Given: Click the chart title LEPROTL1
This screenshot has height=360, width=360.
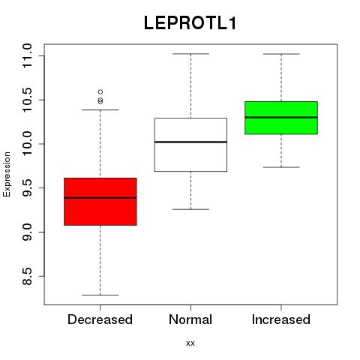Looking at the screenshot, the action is coord(190,23).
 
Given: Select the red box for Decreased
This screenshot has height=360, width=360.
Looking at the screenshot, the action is coord(100,202).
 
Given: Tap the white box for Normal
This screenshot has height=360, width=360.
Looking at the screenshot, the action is coord(190,145).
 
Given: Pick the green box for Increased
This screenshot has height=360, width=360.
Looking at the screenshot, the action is coord(281,118).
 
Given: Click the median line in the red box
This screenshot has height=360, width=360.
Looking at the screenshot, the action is coord(100,198).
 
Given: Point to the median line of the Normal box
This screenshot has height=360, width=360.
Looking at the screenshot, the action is coord(190,142).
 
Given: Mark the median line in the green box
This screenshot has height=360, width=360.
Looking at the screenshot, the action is coord(281,117).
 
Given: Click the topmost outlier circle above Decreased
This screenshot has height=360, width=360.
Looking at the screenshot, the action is coord(100,91).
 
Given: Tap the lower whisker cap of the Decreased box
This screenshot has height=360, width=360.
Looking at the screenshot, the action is coord(100,295).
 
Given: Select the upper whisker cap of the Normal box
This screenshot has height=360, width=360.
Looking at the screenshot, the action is coord(190,54).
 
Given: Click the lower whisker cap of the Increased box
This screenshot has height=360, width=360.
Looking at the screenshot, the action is coord(281,167).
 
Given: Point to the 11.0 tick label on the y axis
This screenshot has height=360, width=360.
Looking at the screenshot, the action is coord(27,55).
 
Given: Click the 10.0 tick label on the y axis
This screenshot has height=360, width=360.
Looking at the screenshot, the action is coord(27,144).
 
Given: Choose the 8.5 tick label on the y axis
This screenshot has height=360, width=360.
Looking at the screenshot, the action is coord(27,276).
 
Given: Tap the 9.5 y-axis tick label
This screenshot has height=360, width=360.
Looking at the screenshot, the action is coord(27,187).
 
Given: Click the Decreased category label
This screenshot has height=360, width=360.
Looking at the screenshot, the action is coord(100,319).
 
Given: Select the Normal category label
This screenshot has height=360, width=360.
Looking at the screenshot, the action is coord(190,319).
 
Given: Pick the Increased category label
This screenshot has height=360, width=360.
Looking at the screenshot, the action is coord(281,319).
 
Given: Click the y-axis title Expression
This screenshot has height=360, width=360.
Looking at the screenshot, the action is coord(7,174).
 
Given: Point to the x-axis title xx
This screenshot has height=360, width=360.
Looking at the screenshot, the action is coord(190,343).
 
